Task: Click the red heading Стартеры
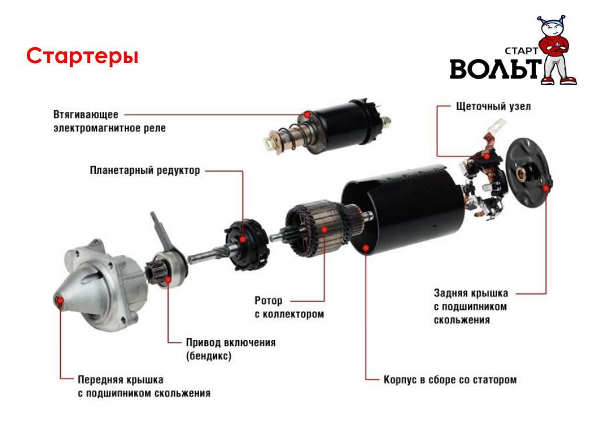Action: tap(82, 56)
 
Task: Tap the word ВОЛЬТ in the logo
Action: tap(496, 69)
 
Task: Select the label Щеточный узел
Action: tap(493, 106)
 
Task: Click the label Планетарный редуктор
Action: tap(145, 170)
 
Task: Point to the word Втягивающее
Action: tap(86, 114)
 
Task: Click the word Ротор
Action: tap(269, 300)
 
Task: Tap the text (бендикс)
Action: tap(208, 356)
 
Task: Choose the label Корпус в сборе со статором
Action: tap(450, 380)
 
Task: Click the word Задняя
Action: tap(450, 293)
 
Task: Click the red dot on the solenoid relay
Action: tap(307, 114)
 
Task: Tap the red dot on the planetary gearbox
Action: tap(242, 239)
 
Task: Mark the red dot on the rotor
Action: tap(325, 229)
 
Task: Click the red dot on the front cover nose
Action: tap(60, 301)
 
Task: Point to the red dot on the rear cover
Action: tap(546, 188)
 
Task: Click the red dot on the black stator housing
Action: tap(366, 249)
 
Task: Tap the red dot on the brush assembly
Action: tap(486, 156)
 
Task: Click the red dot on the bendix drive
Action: tap(168, 280)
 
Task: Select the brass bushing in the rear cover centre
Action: tap(521, 173)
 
